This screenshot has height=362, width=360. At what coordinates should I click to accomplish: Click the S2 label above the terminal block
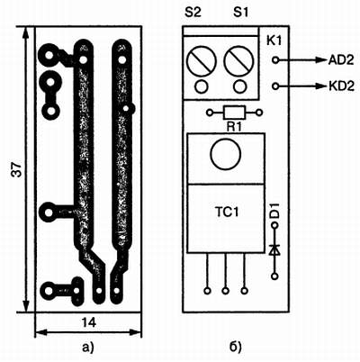[193, 13]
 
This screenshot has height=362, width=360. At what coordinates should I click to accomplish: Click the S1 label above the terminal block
[240, 13]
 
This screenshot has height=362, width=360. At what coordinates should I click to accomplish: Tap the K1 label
[274, 41]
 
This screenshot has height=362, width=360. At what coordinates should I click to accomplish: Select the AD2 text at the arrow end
[341, 60]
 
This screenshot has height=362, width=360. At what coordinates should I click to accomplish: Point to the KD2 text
[341, 86]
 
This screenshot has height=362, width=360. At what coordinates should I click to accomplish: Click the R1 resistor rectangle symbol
[234, 113]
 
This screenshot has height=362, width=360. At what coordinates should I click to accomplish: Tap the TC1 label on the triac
[227, 213]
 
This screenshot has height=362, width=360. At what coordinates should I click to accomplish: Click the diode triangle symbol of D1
[274, 250]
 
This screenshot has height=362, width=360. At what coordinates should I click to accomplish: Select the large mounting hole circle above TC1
[226, 154]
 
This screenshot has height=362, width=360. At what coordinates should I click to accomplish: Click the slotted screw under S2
[202, 61]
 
